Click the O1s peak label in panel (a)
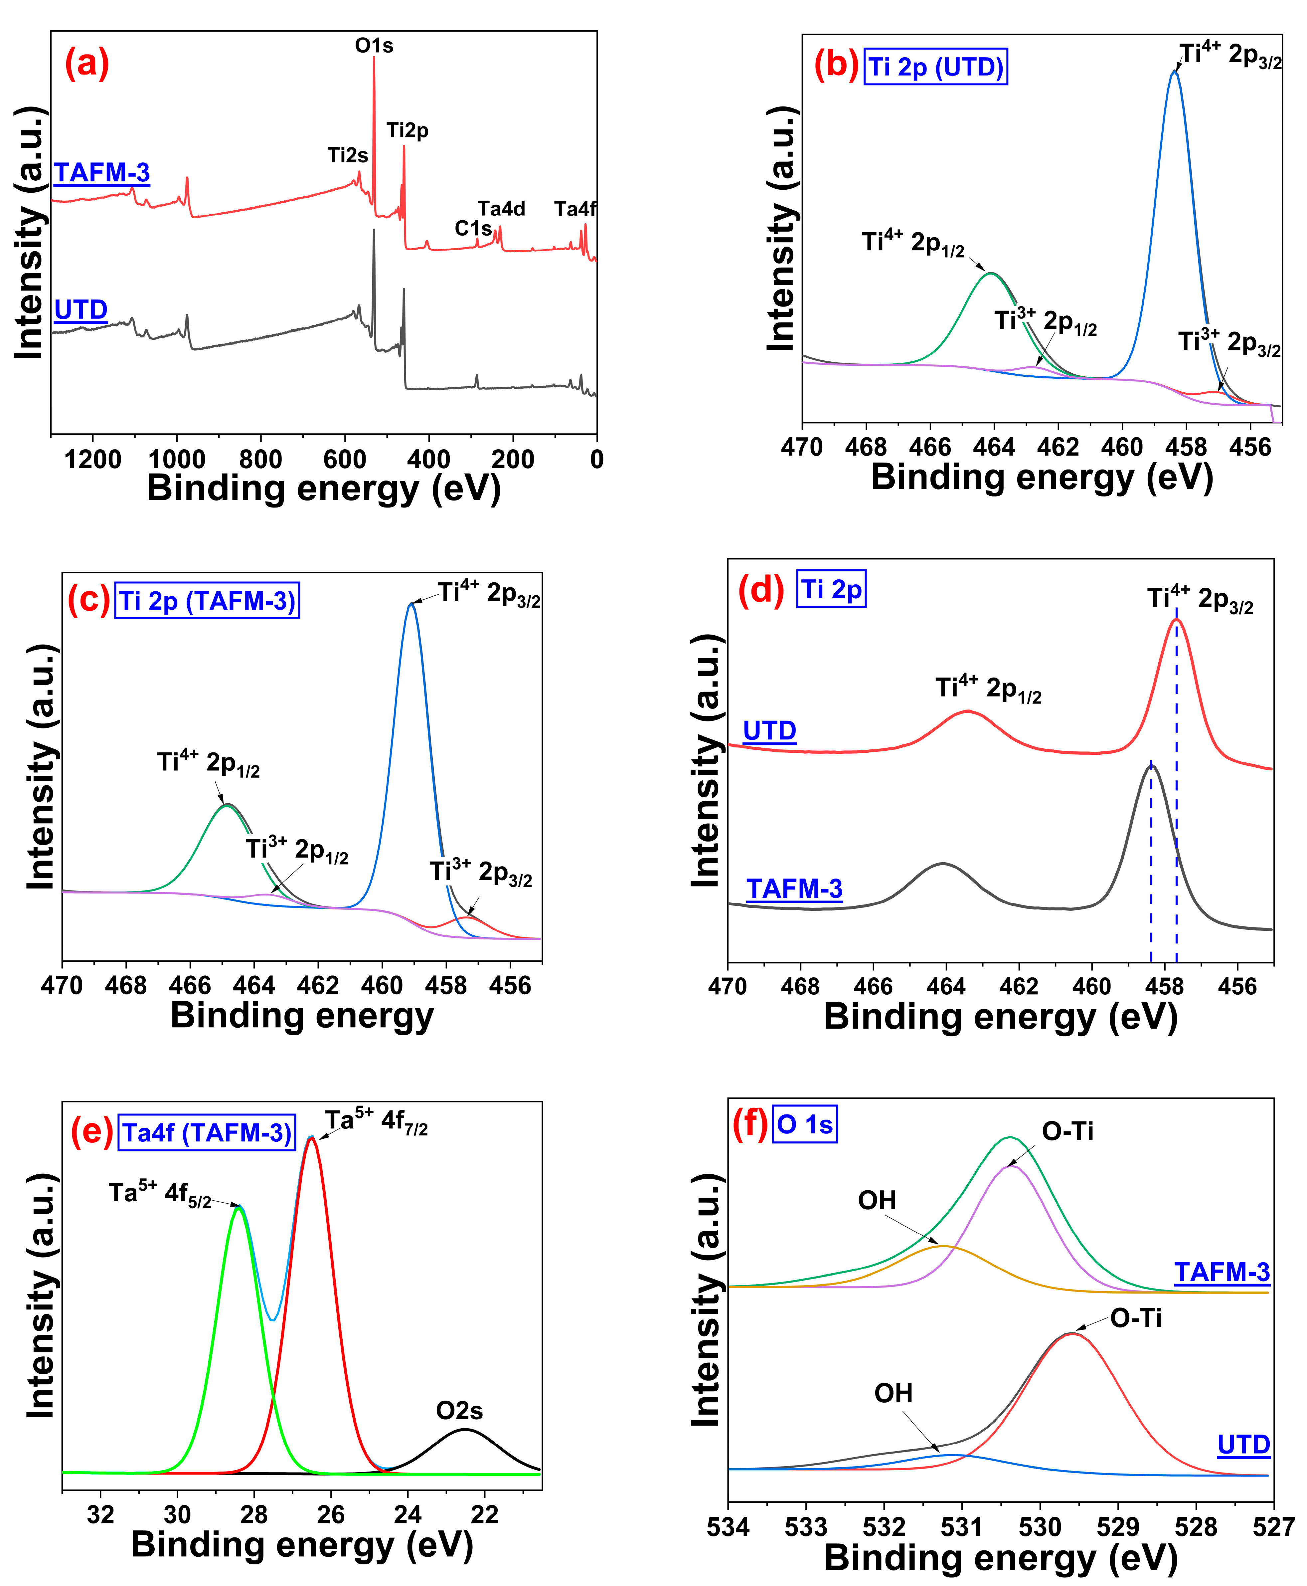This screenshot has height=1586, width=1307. (x=374, y=46)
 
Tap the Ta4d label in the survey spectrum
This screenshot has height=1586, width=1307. (x=501, y=209)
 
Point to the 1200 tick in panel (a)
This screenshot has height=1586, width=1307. (x=92, y=459)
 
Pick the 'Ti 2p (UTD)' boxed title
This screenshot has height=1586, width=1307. (x=936, y=67)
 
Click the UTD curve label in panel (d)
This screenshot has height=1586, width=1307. (x=769, y=730)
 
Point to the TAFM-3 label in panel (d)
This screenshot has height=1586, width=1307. (x=794, y=889)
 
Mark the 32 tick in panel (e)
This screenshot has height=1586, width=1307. (x=101, y=1514)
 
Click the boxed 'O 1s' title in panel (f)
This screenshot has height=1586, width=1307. (x=805, y=1124)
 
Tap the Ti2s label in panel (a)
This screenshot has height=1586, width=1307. (x=348, y=155)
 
